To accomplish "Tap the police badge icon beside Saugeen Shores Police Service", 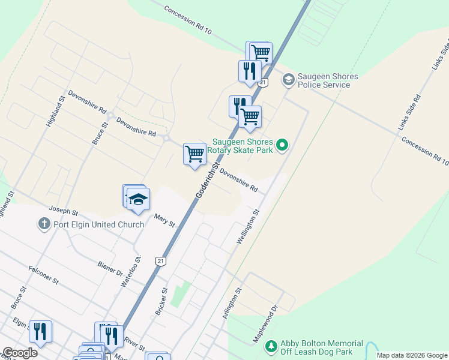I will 289,79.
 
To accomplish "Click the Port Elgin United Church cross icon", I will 43,224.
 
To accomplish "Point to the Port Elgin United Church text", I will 98,224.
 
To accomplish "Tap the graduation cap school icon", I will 138,200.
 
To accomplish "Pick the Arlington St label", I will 233,303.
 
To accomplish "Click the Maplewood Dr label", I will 266,324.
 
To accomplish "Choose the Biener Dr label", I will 109,266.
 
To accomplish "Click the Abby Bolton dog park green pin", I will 272,346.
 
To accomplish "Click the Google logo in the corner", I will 20,353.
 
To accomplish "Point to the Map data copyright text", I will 411,355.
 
